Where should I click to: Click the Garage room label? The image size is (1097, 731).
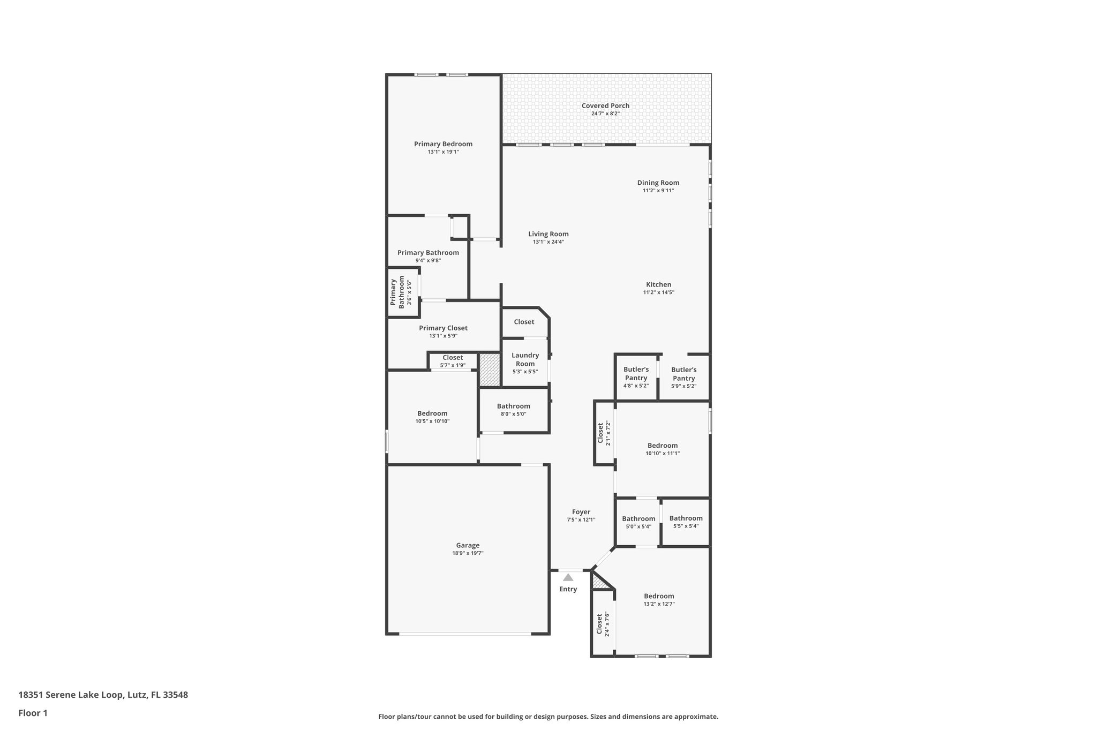point(468,545)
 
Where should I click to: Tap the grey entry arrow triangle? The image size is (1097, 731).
point(568,577)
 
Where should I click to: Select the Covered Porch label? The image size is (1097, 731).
point(605,105)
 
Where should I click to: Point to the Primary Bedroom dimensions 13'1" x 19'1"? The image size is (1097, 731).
point(443,152)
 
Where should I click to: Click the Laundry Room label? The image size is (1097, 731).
point(525,359)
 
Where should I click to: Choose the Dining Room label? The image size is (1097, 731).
point(658,183)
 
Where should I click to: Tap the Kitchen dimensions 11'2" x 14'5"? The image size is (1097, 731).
point(658,292)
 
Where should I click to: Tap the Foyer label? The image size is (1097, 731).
point(581,512)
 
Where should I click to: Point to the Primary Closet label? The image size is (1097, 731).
point(443,328)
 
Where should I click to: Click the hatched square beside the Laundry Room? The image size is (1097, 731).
point(489,370)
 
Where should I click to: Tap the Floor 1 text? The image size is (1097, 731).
point(33,713)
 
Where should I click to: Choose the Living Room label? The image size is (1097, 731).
point(548,234)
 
